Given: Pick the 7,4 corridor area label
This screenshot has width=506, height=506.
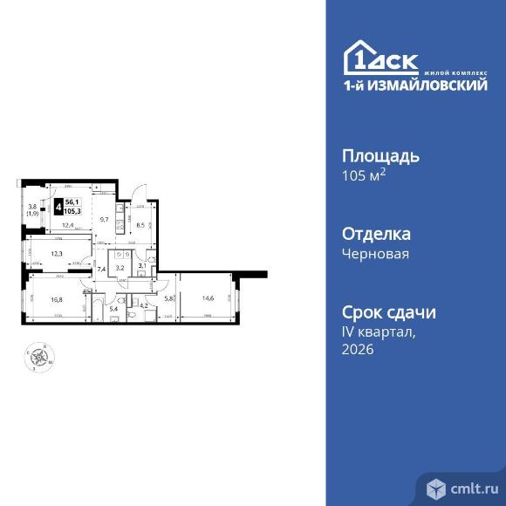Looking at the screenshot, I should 101,270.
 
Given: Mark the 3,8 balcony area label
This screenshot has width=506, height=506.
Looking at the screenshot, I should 32,207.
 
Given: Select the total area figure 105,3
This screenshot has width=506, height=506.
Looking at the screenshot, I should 73,211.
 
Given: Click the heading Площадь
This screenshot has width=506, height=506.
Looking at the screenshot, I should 379,157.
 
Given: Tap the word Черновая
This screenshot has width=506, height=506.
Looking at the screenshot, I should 373,254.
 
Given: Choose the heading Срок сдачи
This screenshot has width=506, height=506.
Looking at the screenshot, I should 386,312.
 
